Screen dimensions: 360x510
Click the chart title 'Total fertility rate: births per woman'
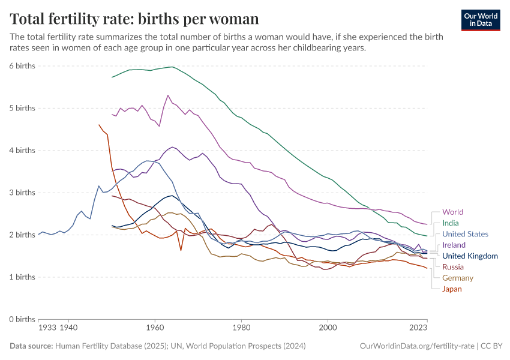134,19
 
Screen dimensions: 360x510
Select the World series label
452,212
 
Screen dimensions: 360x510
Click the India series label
450,223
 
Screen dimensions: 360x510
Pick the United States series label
465,234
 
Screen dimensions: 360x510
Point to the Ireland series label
454,245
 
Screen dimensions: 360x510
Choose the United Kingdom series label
470,256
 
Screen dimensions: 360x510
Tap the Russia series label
452,267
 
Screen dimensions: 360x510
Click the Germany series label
457,278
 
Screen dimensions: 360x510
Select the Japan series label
452,289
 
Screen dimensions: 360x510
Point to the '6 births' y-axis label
23,65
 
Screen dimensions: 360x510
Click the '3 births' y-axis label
23,193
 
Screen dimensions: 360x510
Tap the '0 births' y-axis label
23,319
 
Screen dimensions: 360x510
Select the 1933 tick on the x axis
47,329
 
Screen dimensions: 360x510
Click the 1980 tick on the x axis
241,329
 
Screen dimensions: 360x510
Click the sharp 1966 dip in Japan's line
181,250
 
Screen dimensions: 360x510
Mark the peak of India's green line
172,67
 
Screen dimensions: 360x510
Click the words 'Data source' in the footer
31,346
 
